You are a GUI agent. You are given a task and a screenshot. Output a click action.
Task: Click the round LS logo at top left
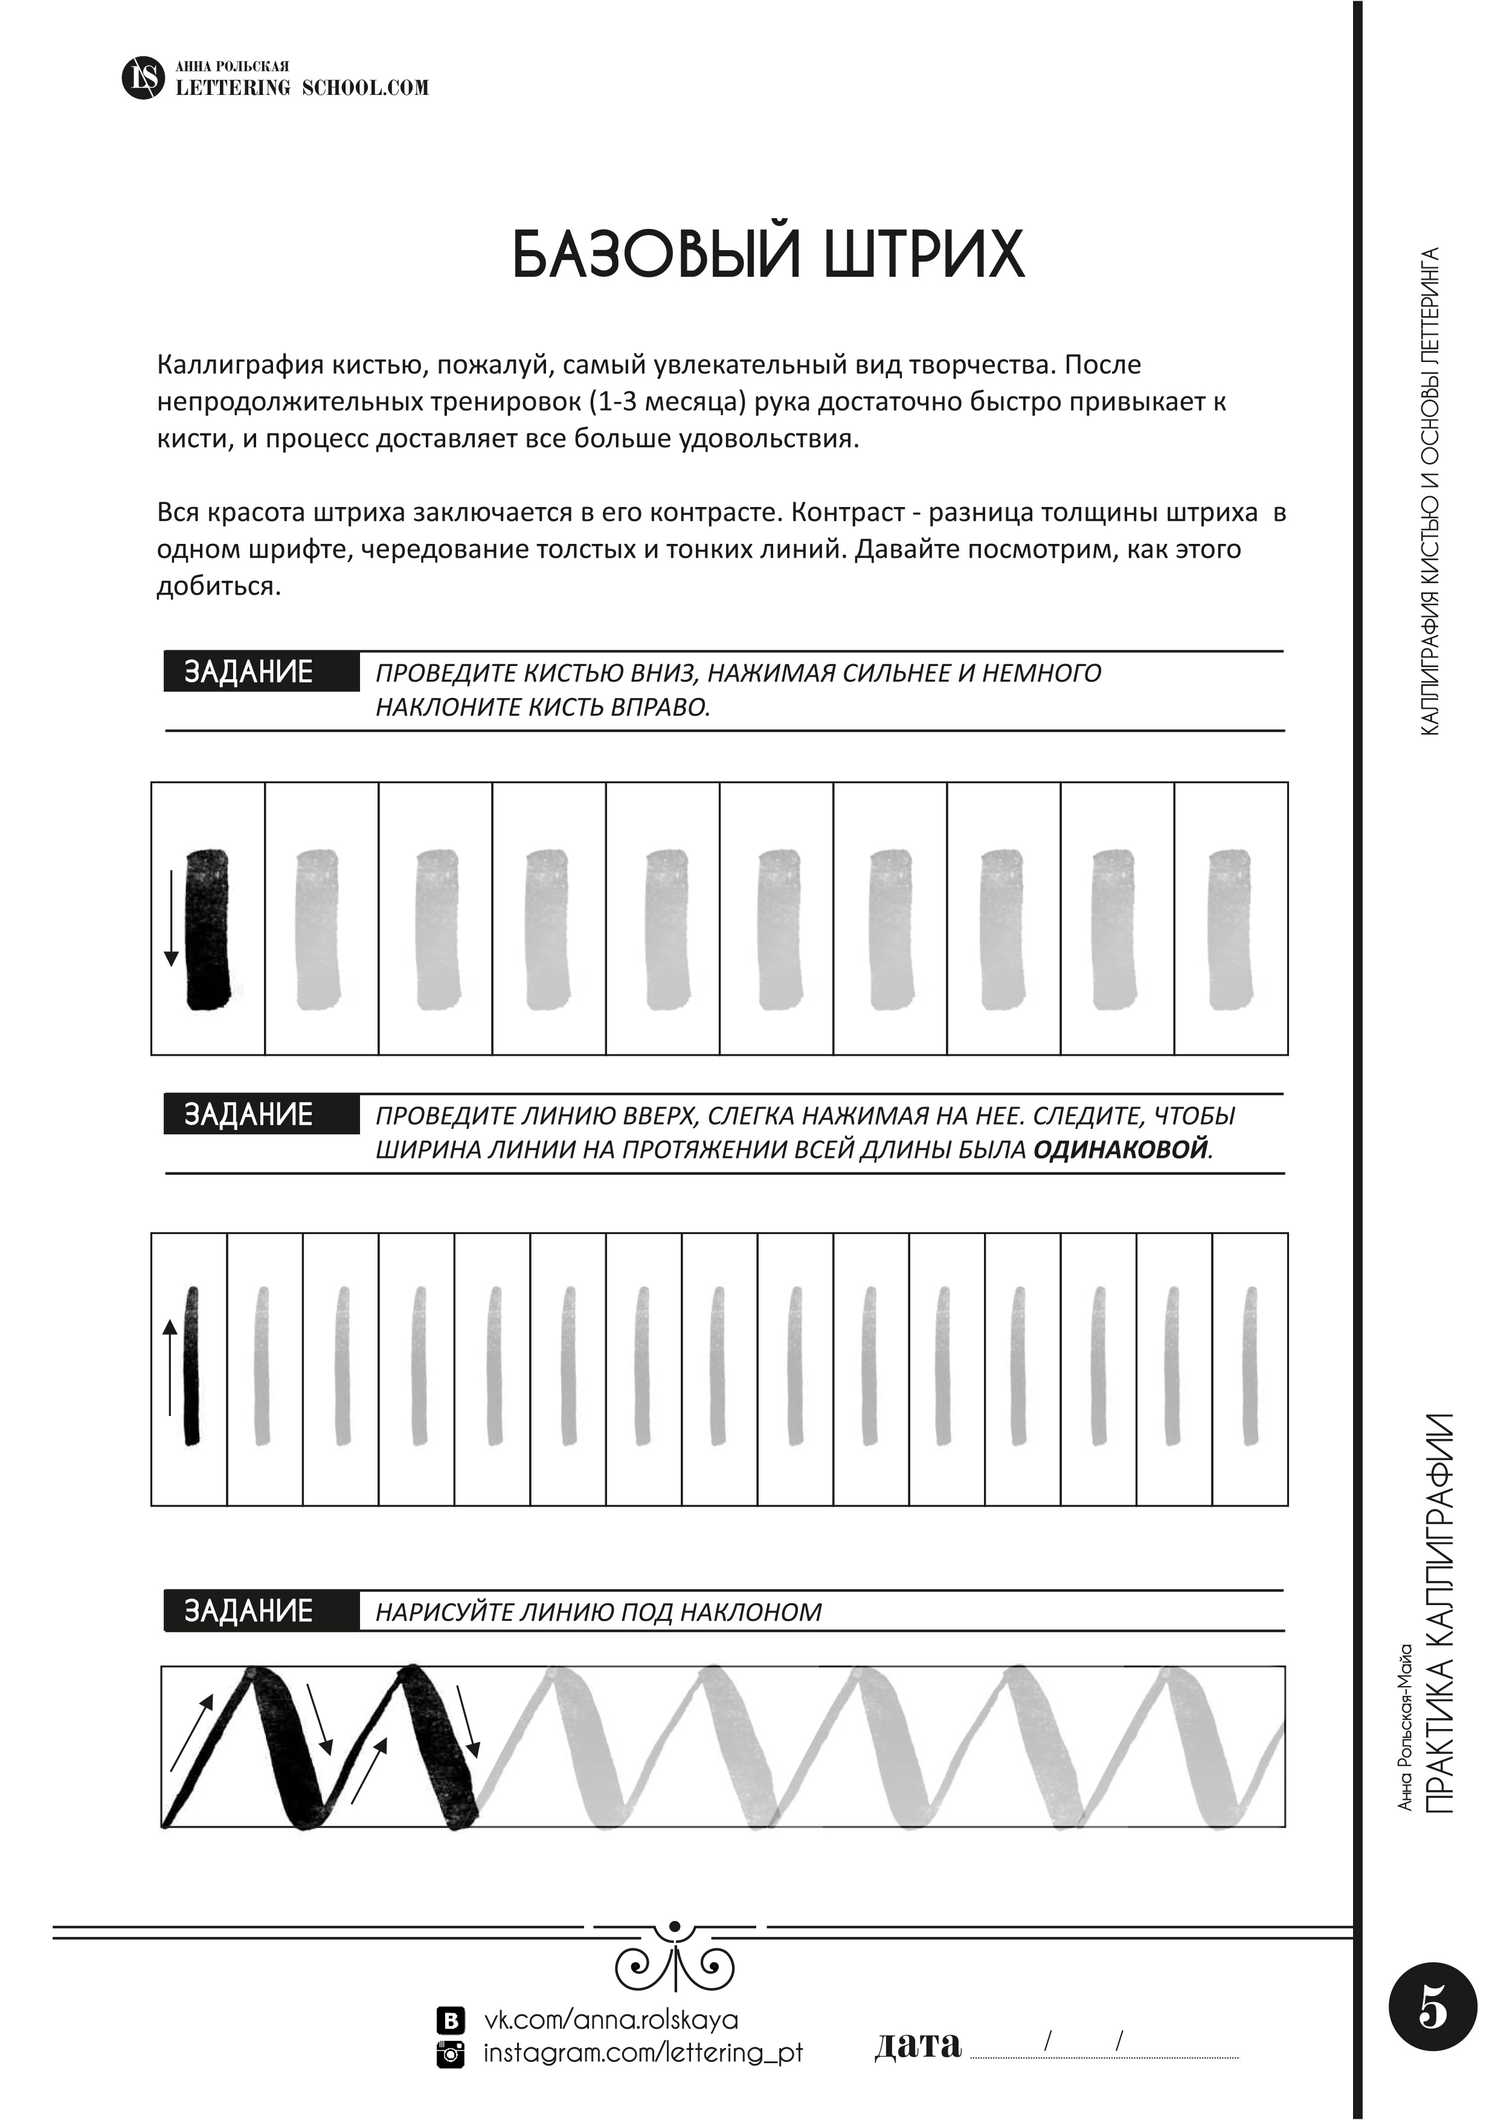click(x=142, y=77)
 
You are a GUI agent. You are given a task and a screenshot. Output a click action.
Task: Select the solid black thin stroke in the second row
click(x=192, y=1366)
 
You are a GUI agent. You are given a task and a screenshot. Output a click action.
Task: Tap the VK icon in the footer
click(x=449, y=2020)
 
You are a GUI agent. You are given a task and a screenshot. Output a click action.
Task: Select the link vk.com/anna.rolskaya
click(x=611, y=2020)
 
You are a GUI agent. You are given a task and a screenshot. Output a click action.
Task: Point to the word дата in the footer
click(x=918, y=2044)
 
